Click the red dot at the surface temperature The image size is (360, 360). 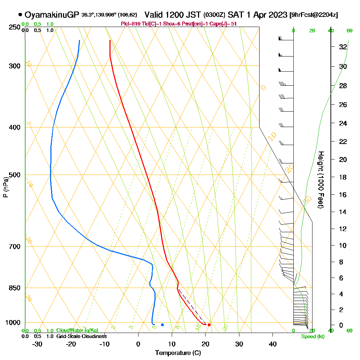pyautogui.click(x=209, y=325)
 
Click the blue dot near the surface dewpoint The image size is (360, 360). pyautogui.click(x=162, y=325)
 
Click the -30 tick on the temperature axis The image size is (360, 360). pyautogui.click(x=37, y=344)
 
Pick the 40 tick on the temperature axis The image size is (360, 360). pyautogui.click(x=273, y=344)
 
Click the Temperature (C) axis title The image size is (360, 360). pyautogui.click(x=178, y=353)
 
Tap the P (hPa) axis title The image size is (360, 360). pyautogui.click(x=5, y=187)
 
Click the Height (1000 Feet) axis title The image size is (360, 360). pyautogui.click(x=320, y=180)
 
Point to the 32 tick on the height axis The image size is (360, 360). pyautogui.click(x=343, y=47)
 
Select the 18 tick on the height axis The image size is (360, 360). pyautogui.click(x=343, y=177)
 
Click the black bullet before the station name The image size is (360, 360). pyautogui.click(x=20, y=15)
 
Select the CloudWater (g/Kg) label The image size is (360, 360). pyautogui.click(x=77, y=330)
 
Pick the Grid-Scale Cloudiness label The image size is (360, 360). pyautogui.click(x=81, y=336)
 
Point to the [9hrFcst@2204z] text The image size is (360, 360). pyautogui.click(x=314, y=15)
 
